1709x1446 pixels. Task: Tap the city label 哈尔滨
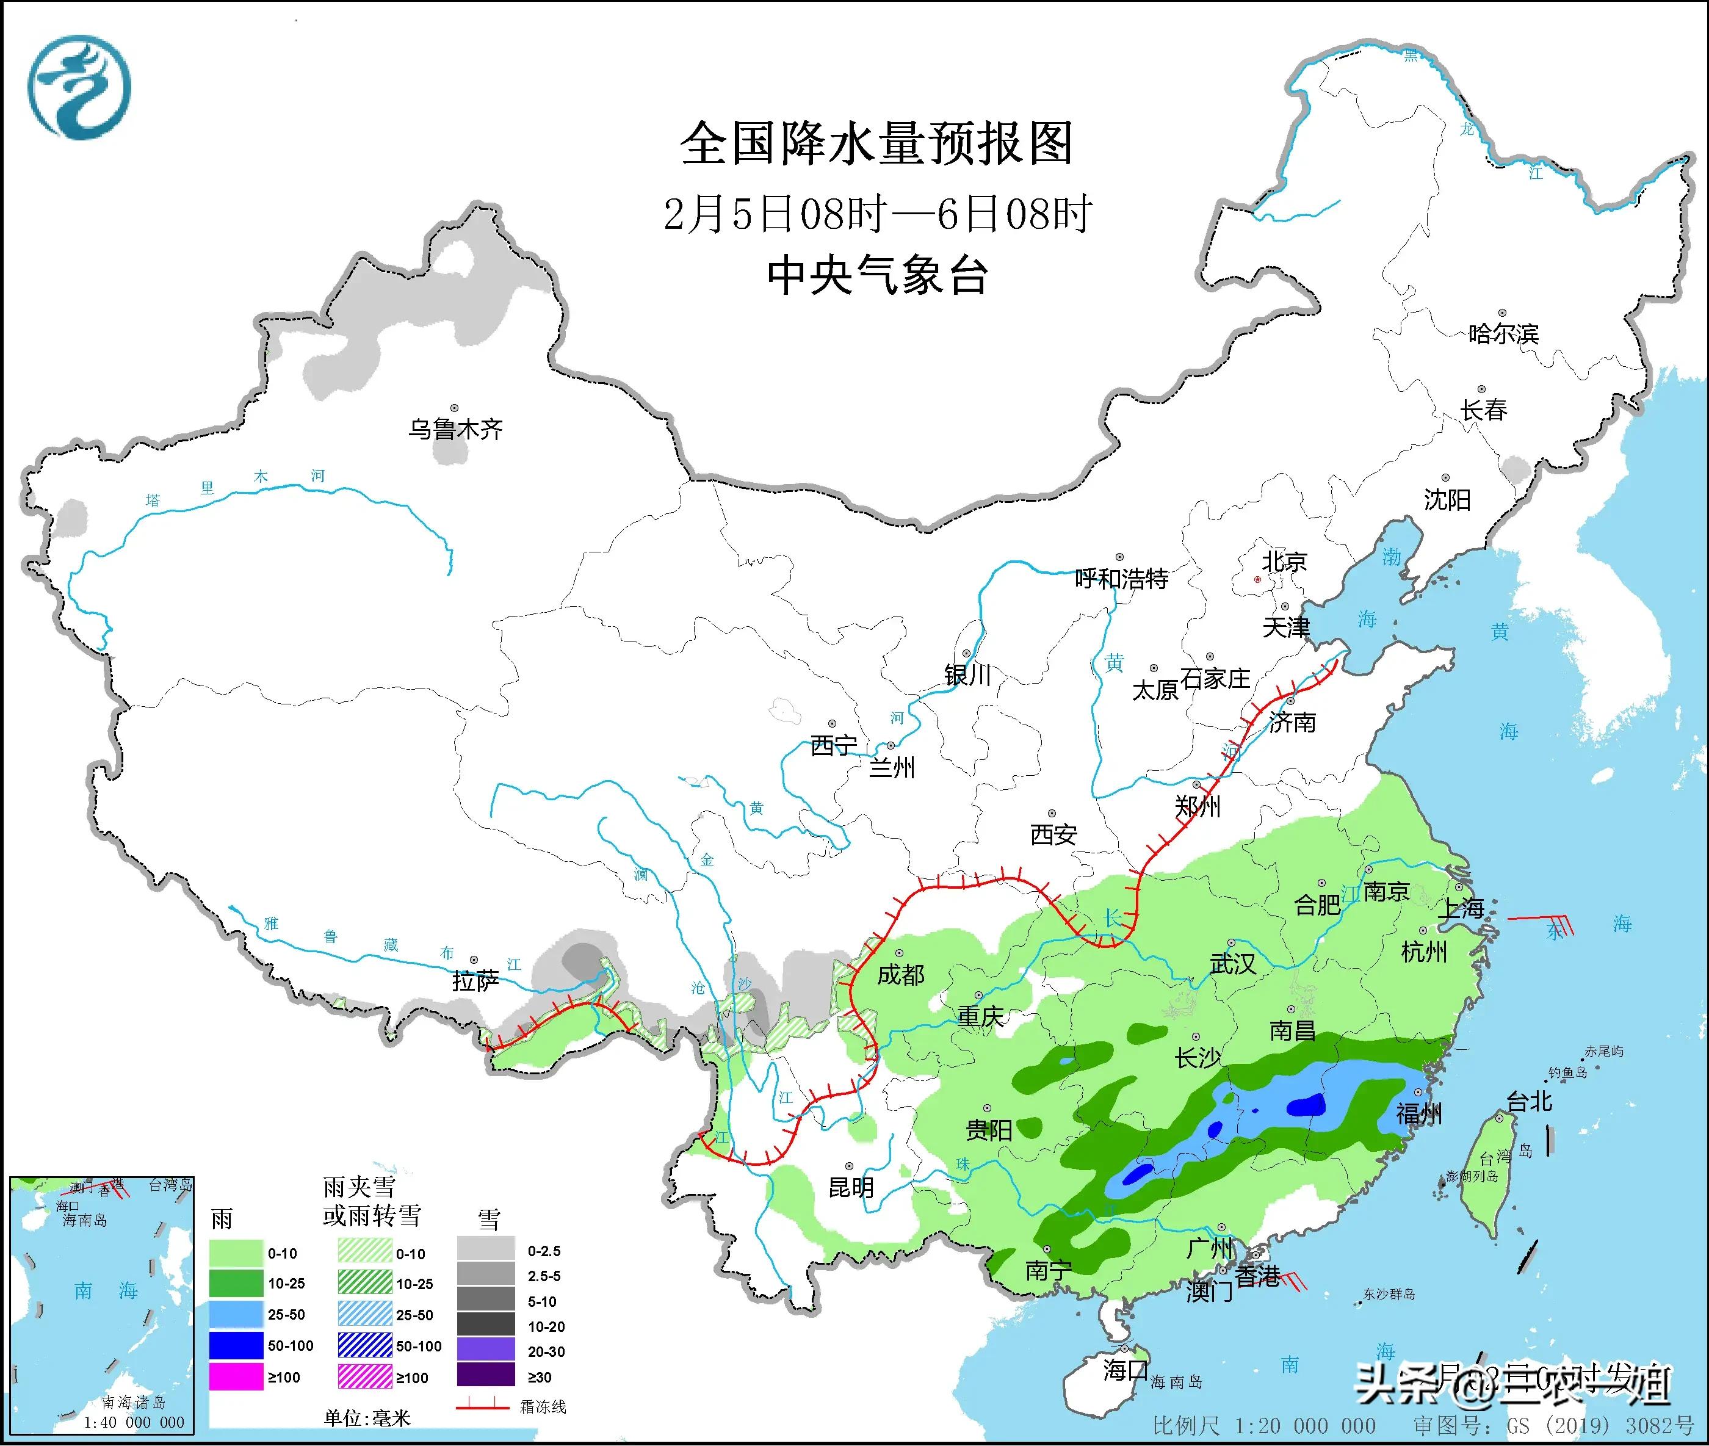[x=1503, y=334]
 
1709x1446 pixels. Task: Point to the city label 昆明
[x=851, y=1187]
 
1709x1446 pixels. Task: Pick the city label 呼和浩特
[x=1121, y=579]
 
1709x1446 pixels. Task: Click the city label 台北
[x=1530, y=1102]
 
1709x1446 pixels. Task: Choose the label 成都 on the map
[x=900, y=975]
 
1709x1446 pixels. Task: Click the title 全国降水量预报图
[x=876, y=144]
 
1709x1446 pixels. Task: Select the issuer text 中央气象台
[x=876, y=275]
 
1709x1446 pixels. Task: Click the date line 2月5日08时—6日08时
[x=876, y=214]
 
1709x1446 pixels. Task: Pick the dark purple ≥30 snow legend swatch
[x=486, y=1377]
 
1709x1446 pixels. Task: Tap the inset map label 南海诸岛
[x=134, y=1403]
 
